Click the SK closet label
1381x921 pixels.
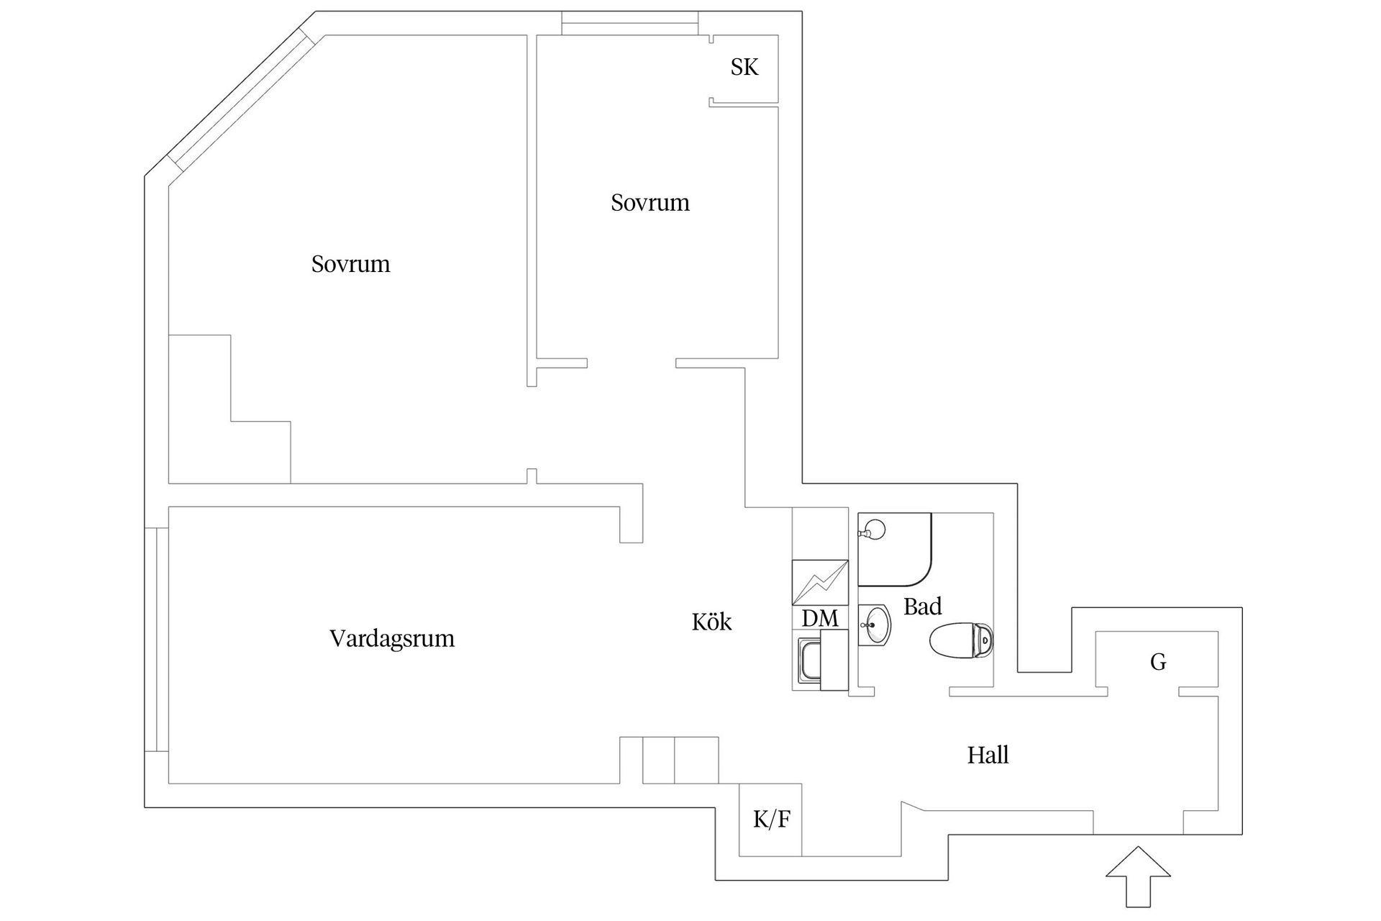click(744, 68)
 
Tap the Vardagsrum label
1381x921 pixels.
click(392, 639)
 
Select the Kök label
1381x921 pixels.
click(711, 622)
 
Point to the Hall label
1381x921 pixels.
click(988, 756)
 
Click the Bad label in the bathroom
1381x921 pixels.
click(922, 607)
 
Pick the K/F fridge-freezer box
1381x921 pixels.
click(770, 820)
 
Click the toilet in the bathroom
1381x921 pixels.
click(962, 640)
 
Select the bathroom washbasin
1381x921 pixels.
click(875, 625)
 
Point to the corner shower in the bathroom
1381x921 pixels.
click(895, 549)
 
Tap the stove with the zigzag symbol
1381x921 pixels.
click(820, 582)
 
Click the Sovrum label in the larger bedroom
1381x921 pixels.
click(350, 265)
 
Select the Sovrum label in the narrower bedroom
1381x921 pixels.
click(650, 204)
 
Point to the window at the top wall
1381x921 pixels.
click(629, 23)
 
